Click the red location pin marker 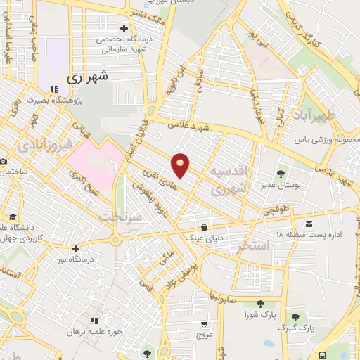(x=181, y=164)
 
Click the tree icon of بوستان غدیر (x=281, y=172)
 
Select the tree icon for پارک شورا (x=260, y=304)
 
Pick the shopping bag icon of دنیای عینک (x=205, y=227)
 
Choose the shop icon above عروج (x=204, y=325)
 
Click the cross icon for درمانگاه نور (x=75, y=248)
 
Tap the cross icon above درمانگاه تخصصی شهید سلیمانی (x=124, y=29)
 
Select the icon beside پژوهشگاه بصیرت (x=53, y=89)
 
